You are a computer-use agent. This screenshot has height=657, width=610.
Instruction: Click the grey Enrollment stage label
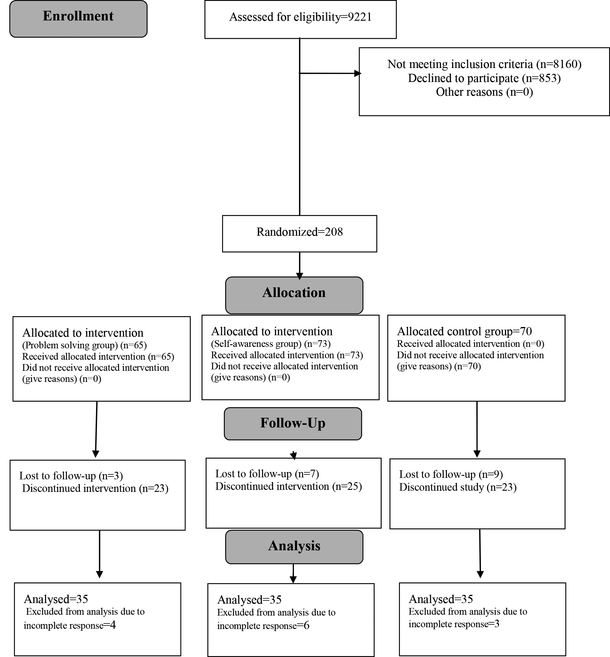[78, 19]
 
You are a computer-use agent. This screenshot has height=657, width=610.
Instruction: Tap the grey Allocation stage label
[294, 295]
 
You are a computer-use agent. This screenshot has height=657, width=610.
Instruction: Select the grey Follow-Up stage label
[293, 424]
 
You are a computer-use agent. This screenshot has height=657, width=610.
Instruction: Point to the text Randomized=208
[300, 232]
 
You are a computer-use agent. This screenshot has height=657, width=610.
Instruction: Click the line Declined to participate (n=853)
[484, 78]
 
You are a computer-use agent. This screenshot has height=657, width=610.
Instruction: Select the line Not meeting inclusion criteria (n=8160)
[484, 64]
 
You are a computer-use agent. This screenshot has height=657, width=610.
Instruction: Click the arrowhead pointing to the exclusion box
[358, 73]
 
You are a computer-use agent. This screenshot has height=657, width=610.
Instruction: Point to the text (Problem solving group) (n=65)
[85, 345]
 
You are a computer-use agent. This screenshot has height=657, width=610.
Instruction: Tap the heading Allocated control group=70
[464, 331]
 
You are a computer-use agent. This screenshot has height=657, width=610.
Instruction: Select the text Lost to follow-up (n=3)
[71, 476]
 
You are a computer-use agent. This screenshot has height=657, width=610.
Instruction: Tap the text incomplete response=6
[263, 626]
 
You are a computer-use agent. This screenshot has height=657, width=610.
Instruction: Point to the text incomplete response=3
[454, 624]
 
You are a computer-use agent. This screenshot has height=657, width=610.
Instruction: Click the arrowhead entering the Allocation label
[299, 277]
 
